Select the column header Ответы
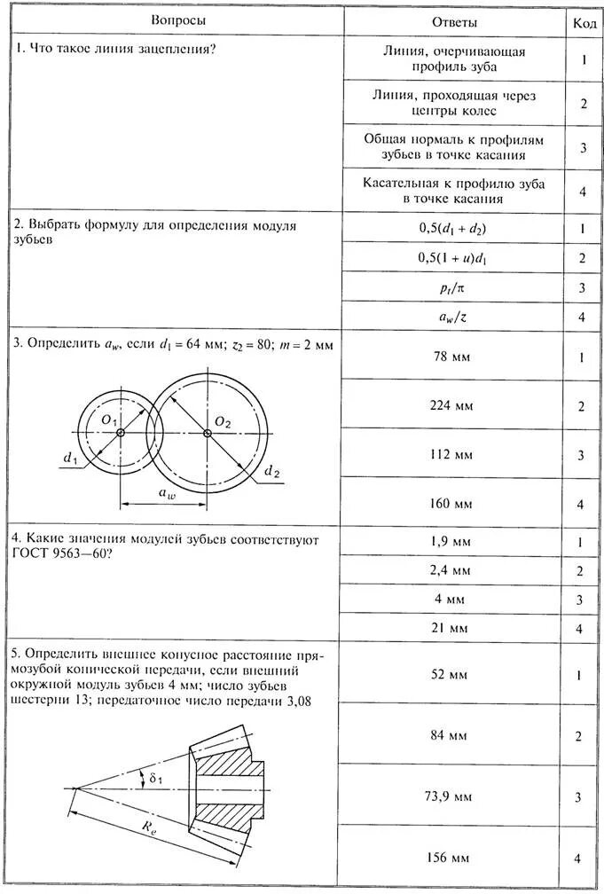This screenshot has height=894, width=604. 455,21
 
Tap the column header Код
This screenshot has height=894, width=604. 584,21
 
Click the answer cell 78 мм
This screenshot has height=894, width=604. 455,357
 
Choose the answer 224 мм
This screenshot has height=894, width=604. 455,406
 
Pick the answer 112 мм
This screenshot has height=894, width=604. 455,455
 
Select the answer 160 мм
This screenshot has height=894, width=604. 455,504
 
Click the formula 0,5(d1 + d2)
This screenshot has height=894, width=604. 455,228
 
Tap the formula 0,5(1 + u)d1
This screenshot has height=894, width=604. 455,257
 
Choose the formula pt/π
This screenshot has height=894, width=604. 455,287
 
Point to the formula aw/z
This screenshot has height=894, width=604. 455,316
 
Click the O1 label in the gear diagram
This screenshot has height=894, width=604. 110,419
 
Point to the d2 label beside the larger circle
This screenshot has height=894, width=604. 271,473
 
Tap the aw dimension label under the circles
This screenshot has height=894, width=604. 167,493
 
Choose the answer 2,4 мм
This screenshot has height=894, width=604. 455,569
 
